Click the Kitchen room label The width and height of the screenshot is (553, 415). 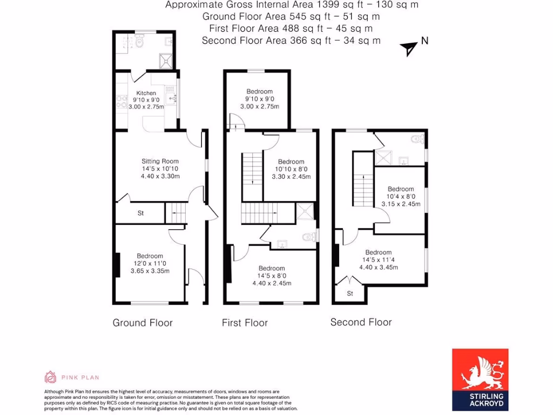coord(146,93)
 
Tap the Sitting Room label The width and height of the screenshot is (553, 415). coord(160,161)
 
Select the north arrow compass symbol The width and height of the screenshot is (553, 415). coord(409,49)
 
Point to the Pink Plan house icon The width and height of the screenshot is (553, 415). coord(50,377)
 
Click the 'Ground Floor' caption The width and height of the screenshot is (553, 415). coord(143,323)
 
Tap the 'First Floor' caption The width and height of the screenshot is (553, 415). coord(245,323)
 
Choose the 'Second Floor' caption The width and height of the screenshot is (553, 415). coord(361,322)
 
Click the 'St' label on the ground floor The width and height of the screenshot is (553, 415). coord(140,213)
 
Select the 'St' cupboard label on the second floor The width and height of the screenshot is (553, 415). coord(350,294)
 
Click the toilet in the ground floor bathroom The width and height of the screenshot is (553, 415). coord(139,41)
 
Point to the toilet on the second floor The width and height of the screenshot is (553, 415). coord(416,139)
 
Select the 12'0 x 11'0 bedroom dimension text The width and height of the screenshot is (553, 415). coord(150,264)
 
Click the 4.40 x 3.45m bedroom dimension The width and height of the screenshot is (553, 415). coord(379,266)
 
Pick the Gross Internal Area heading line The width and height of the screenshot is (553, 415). coord(292,5)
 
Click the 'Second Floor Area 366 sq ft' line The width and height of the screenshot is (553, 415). coord(292,41)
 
